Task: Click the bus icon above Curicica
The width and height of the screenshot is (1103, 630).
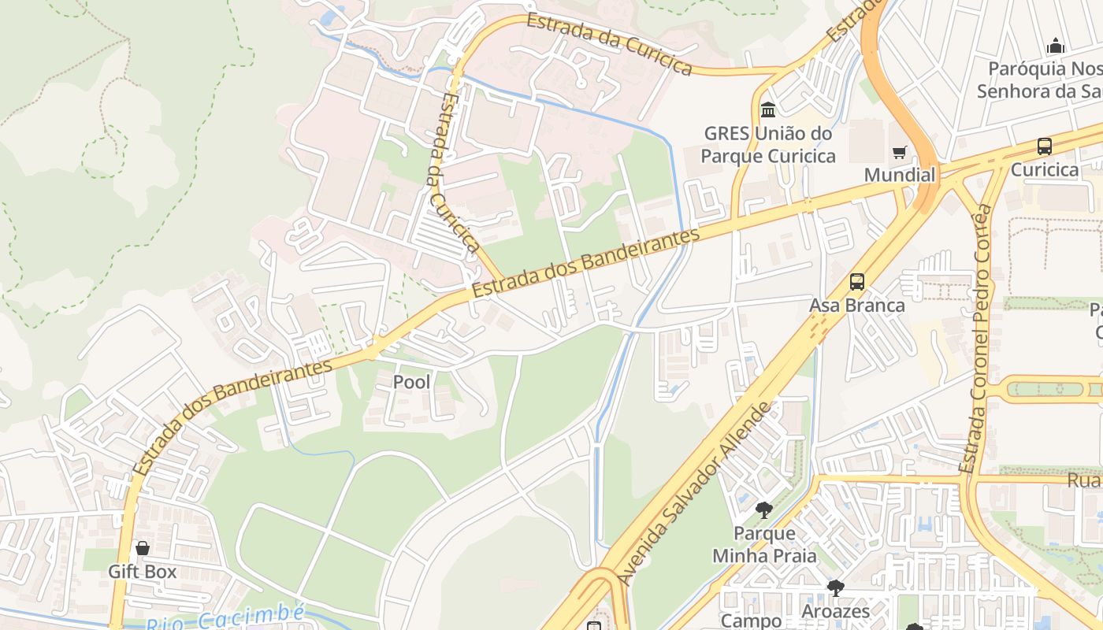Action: coord(1045,146)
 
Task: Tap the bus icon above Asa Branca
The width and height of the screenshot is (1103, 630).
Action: coord(857,282)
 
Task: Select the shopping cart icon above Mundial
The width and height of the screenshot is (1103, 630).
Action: coord(899,152)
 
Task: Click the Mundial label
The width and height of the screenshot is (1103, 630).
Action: coord(900,175)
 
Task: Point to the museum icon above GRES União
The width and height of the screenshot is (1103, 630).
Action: coord(768,109)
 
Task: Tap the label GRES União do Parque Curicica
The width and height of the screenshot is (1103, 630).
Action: coord(768,145)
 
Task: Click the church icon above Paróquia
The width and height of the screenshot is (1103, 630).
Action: coord(1056,46)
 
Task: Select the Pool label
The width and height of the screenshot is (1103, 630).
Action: coord(412,383)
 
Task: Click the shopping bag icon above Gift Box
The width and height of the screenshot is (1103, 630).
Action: coord(143,548)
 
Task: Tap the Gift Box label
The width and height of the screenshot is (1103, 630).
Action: coord(143,572)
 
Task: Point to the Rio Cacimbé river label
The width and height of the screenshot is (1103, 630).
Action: coord(226,618)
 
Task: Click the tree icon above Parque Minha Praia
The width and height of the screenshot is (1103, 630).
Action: coord(763,510)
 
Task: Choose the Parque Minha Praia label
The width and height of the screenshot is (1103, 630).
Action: coord(764,545)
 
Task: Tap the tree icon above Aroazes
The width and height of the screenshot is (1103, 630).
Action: coord(835,587)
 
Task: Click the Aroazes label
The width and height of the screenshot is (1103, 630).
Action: coord(835,611)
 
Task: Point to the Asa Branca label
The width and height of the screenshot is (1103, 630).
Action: coord(857,306)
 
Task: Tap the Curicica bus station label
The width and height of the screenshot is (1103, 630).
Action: coord(1045,170)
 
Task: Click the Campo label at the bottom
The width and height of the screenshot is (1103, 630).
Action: coord(751,621)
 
